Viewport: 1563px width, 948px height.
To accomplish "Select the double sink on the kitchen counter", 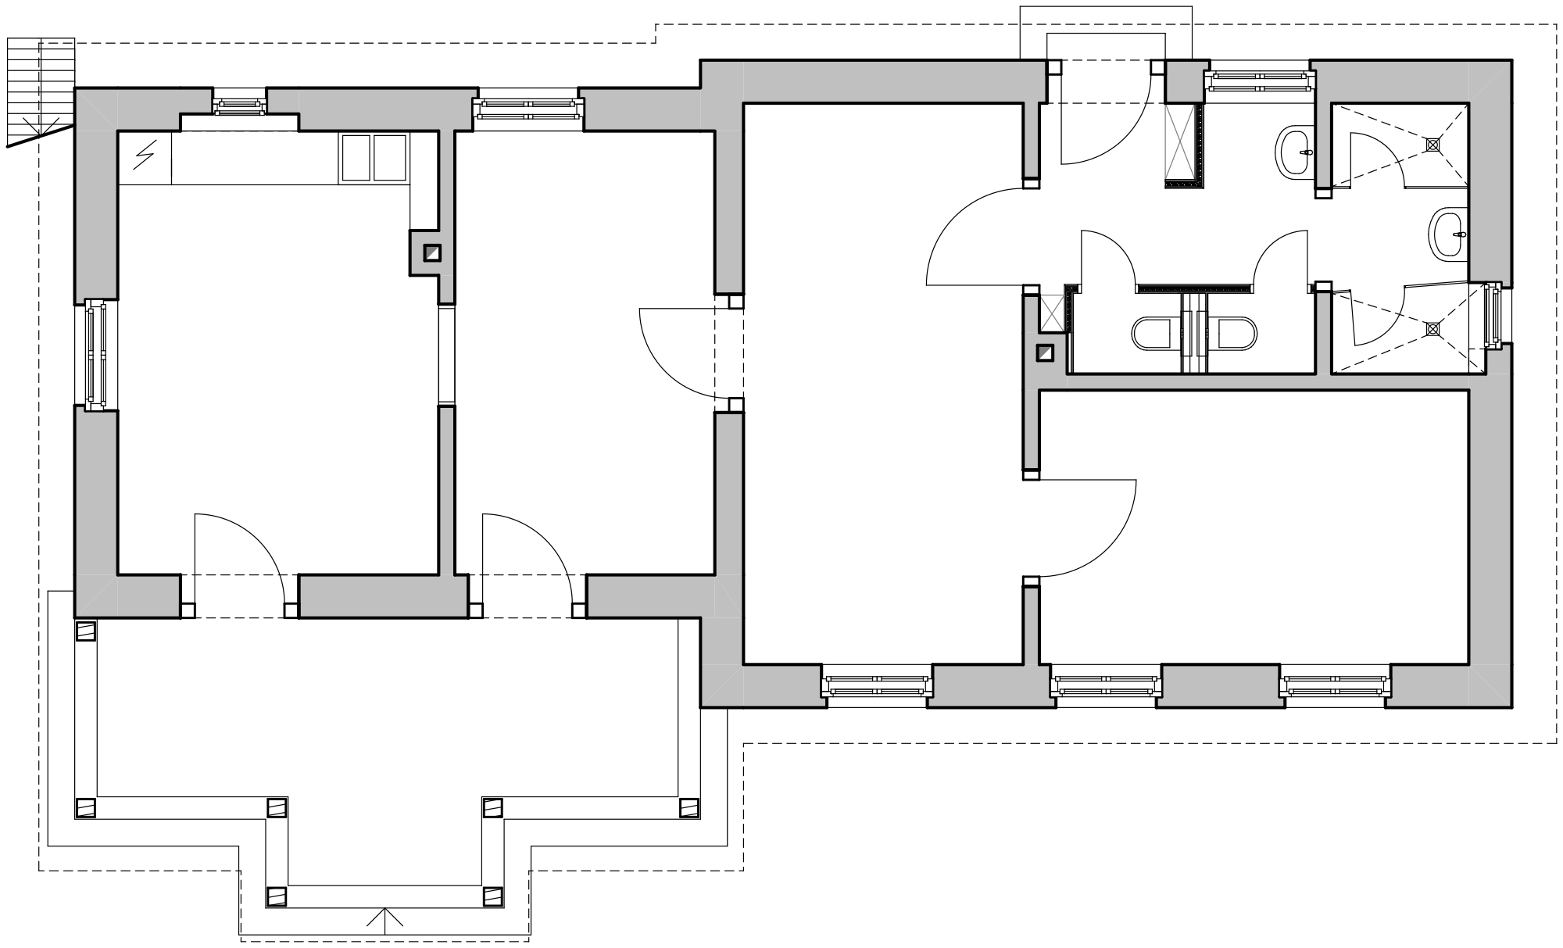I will pos(374,159).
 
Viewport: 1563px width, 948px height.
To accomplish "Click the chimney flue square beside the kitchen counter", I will pos(432,253).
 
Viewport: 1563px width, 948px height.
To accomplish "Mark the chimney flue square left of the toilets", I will pos(1045,353).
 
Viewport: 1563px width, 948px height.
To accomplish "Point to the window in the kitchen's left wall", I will pos(96,353).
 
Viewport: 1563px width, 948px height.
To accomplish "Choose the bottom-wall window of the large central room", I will pos(877,685).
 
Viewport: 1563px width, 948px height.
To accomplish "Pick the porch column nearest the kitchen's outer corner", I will pos(85,631).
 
